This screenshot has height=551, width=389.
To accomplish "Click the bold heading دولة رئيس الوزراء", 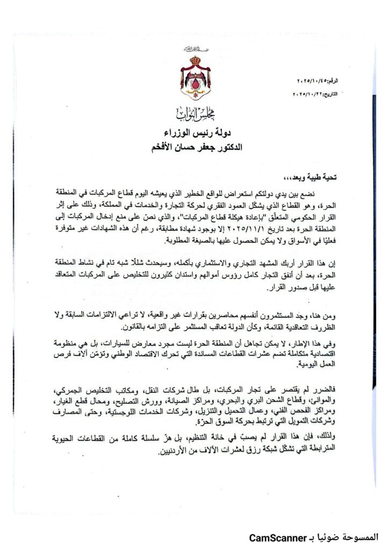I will (195, 132).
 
